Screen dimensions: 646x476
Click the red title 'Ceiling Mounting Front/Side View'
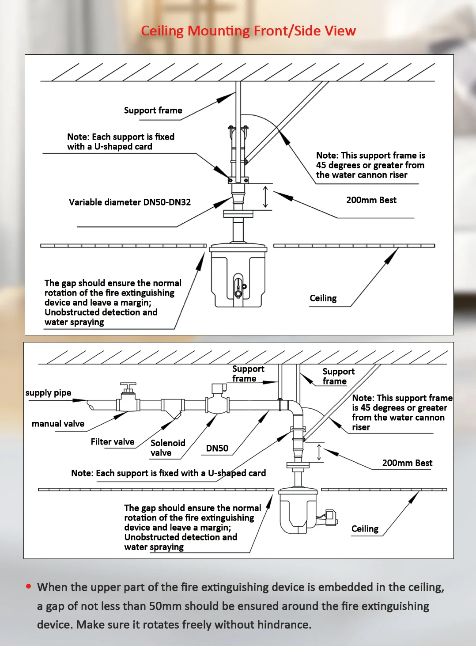[x=248, y=31]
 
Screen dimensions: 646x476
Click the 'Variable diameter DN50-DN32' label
[x=130, y=202]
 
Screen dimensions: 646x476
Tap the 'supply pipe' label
[x=48, y=393]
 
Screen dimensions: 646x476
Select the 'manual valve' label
[x=58, y=424]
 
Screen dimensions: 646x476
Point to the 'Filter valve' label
[x=113, y=442]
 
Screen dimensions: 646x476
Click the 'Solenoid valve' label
[x=167, y=448]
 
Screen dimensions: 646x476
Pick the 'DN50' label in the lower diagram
[x=217, y=448]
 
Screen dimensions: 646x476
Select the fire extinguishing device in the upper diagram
[x=238, y=276]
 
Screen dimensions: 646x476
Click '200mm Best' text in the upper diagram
[x=371, y=200]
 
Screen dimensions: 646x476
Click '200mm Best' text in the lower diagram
[x=407, y=463]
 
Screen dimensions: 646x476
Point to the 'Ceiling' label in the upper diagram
[x=323, y=298]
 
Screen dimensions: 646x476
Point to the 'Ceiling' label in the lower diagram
[x=365, y=529]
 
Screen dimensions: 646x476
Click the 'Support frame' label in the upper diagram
[x=153, y=110]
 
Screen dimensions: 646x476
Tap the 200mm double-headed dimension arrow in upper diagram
[x=265, y=197]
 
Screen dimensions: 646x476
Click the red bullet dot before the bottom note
[x=29, y=586]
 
